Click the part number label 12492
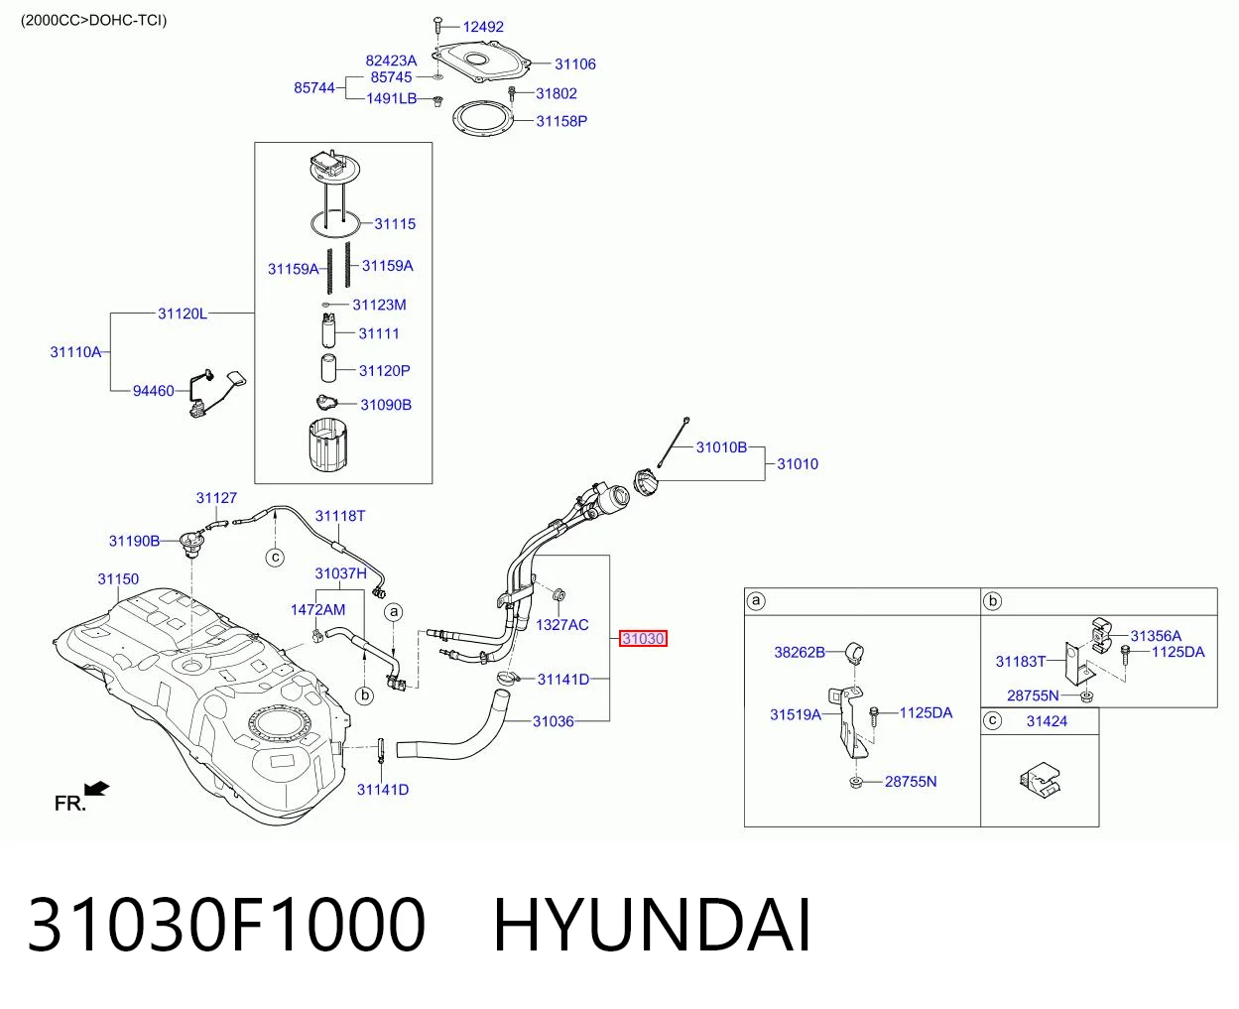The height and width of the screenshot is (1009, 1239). (x=483, y=27)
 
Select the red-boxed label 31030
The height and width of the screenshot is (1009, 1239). (x=643, y=639)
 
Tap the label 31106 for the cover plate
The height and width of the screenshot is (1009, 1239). (x=574, y=63)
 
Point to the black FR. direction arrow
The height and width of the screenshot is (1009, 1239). (x=96, y=789)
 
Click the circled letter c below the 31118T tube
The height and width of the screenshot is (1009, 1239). (x=275, y=558)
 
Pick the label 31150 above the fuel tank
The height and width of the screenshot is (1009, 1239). (x=118, y=579)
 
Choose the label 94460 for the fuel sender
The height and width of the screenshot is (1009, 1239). (x=153, y=391)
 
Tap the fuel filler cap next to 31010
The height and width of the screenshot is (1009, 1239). (x=646, y=483)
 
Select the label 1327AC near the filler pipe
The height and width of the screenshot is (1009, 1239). (x=561, y=625)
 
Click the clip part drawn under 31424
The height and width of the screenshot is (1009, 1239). (x=1040, y=780)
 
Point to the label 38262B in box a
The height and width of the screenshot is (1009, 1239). (x=800, y=653)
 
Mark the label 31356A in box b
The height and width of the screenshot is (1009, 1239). (x=1156, y=636)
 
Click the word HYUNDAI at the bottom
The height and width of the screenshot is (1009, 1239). (x=652, y=925)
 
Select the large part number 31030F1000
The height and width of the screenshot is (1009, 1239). (x=227, y=925)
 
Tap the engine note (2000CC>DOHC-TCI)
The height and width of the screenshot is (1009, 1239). (x=93, y=21)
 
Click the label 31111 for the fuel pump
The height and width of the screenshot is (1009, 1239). (x=379, y=333)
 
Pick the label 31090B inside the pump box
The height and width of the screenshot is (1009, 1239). (x=386, y=405)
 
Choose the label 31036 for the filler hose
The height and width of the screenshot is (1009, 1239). (x=554, y=721)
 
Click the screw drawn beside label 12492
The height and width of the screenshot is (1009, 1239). (x=438, y=27)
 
